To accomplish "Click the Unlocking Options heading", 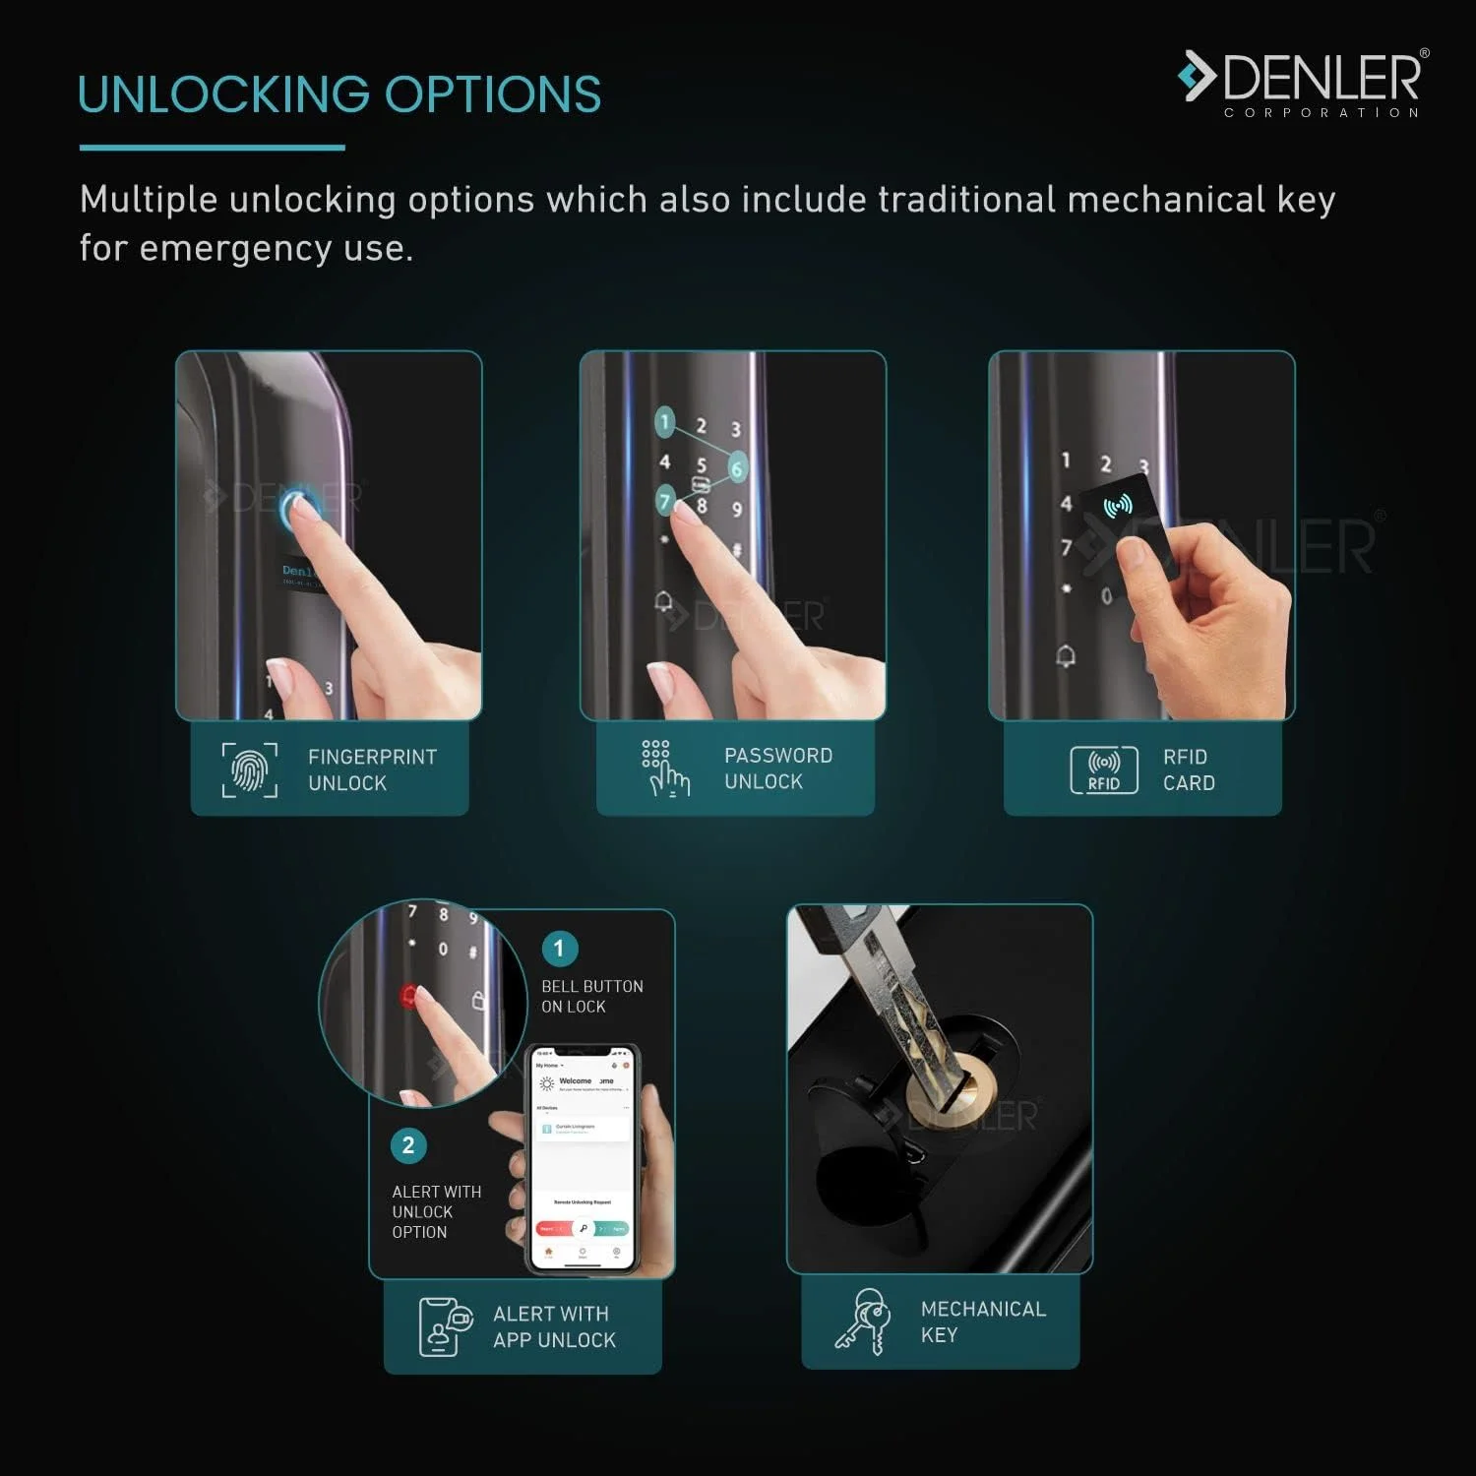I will click(x=338, y=94).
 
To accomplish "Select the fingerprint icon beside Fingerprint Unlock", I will click(x=249, y=770).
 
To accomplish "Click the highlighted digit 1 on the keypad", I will click(x=665, y=423).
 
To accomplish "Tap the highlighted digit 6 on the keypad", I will click(x=736, y=468).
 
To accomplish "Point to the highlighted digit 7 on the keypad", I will click(x=666, y=502).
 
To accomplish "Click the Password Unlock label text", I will click(x=777, y=769).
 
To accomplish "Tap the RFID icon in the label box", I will click(x=1103, y=769).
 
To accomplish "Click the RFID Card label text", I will click(x=1188, y=769).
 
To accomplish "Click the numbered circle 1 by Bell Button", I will click(x=559, y=949).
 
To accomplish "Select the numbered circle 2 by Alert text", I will click(x=408, y=1145).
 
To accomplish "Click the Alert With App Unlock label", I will click(x=553, y=1326).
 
